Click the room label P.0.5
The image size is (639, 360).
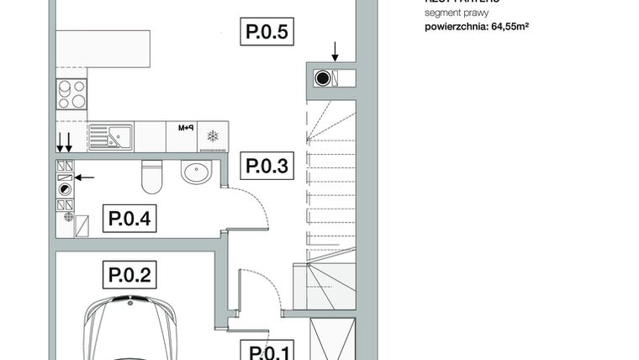tap(267, 33)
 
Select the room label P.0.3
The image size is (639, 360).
tap(267, 166)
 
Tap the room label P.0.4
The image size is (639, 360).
tap(129, 220)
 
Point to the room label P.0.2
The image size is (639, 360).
tap(129, 274)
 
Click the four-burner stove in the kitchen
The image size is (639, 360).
tap(71, 93)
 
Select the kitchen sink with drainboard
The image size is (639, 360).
tap(110, 135)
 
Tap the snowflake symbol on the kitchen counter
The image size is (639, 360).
tap(213, 135)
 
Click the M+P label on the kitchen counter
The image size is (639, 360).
tap(186, 129)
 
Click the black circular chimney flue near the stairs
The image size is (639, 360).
tap(322, 79)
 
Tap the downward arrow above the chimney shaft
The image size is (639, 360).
tap(335, 52)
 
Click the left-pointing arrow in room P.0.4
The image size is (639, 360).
tap(85, 177)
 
